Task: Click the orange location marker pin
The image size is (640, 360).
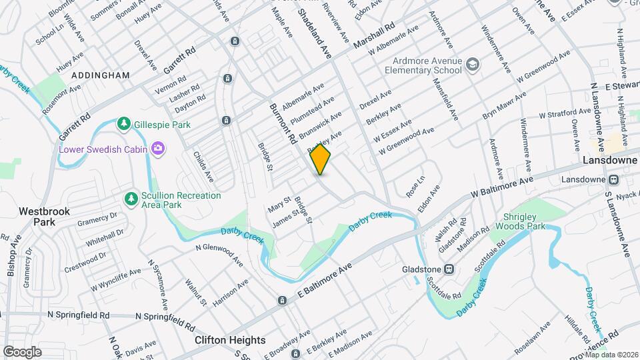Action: (x=321, y=159)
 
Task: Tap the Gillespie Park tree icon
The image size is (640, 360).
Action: (x=123, y=124)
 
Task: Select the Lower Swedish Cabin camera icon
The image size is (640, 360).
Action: (x=158, y=148)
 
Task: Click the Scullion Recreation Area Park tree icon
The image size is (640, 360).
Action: (x=131, y=199)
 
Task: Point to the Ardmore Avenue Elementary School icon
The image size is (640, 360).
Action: (x=473, y=64)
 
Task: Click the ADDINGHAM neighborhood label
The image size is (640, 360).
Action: (x=100, y=75)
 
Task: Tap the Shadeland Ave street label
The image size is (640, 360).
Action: (x=314, y=33)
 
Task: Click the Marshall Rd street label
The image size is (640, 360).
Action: (x=375, y=38)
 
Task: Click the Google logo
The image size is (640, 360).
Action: (x=22, y=351)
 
